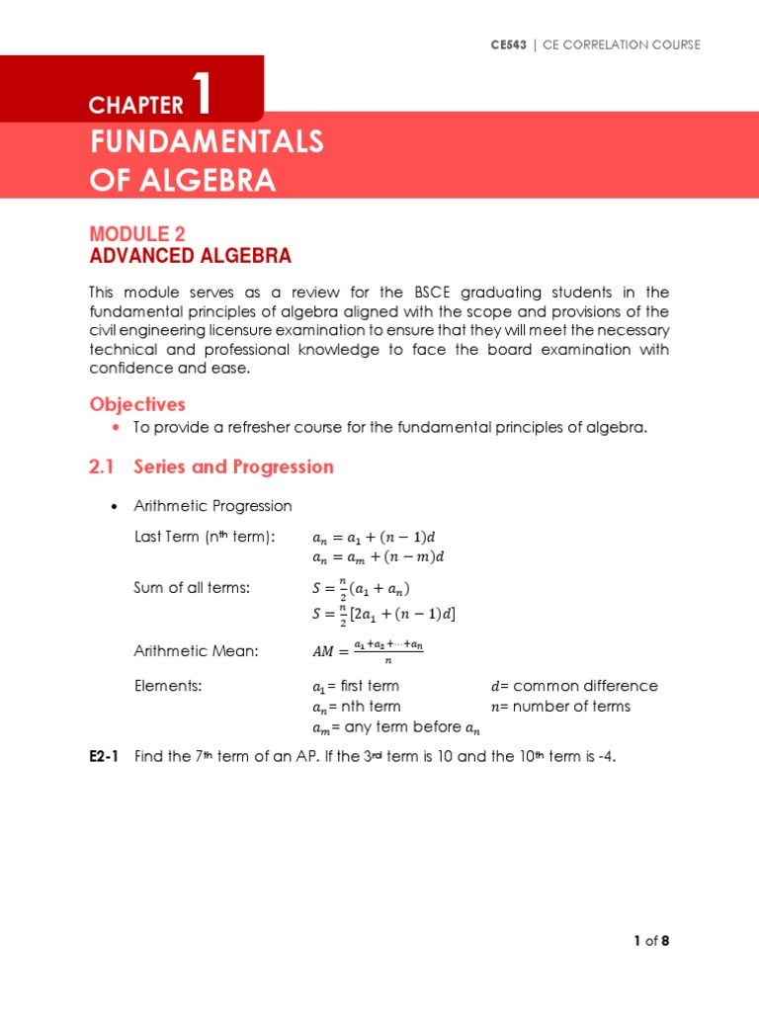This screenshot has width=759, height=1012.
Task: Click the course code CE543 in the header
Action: pos(509,44)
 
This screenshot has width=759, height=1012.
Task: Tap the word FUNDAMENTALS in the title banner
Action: pos(207,142)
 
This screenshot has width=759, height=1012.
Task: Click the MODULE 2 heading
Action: pos(137,233)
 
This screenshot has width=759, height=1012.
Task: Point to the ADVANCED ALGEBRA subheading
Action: pos(190,256)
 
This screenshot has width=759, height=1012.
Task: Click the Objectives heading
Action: pos(137,404)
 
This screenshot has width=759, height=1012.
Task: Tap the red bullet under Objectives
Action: pos(117,427)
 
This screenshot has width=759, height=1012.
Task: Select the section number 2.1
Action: pos(104,466)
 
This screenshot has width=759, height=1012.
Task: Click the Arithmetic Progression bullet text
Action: pos(212,506)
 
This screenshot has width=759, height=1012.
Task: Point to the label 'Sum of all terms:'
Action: pos(192,588)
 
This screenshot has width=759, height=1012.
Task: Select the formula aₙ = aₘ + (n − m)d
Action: pos(379,557)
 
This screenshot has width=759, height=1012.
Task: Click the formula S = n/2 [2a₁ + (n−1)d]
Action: pos(383,614)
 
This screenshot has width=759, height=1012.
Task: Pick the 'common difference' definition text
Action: pos(574,686)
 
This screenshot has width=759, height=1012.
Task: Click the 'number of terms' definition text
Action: pos(560,707)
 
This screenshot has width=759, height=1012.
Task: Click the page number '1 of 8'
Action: pos(652,941)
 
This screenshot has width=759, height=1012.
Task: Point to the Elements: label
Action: pos(168,686)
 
